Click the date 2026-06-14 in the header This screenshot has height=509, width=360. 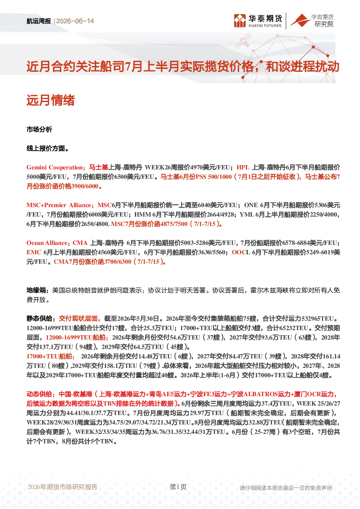(75, 21)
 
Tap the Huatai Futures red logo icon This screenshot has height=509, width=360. (240, 21)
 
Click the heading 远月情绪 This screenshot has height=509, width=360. (51, 100)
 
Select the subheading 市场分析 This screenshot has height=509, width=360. (39, 130)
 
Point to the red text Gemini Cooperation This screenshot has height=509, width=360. (55, 168)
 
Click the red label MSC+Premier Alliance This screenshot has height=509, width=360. (59, 205)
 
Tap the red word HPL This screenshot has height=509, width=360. (243, 168)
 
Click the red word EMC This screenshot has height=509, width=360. (34, 253)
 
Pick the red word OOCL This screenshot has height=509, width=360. (241, 253)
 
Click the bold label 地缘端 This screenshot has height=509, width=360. (36, 290)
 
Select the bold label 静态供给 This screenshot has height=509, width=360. (40, 319)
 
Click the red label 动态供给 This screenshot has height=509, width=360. (40, 394)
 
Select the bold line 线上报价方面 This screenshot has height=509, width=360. (48, 149)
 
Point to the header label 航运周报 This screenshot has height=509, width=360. (38, 21)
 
